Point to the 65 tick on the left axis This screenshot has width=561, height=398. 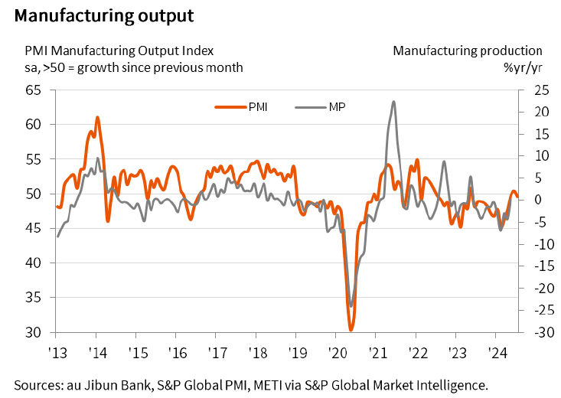[x=33, y=90]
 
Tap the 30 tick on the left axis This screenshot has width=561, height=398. [x=33, y=333]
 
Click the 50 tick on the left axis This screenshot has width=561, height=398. [x=33, y=194]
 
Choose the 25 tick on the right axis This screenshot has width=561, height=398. [x=534, y=90]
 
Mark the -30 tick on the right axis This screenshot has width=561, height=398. [x=534, y=333]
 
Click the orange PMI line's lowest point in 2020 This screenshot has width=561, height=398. [x=351, y=330]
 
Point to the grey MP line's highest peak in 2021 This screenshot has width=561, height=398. [x=393, y=101]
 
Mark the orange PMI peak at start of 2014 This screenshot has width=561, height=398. [x=97, y=117]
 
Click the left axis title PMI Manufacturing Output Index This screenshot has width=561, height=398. [x=119, y=51]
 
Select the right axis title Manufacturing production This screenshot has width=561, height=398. [x=467, y=51]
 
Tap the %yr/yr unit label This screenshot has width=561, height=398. [x=524, y=67]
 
